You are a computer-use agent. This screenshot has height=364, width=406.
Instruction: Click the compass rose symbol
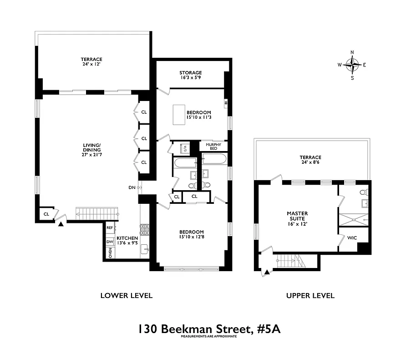click(x=352, y=65)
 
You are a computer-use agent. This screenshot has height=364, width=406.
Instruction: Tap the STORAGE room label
click(x=190, y=73)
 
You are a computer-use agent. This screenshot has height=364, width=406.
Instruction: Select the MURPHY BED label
click(x=213, y=147)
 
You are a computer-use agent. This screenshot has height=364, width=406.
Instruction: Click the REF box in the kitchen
click(x=110, y=227)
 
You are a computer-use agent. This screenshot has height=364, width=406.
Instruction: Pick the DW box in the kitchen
click(x=110, y=242)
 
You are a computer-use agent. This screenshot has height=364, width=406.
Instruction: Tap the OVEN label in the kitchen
click(x=110, y=253)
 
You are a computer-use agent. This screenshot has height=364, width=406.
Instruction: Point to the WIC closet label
click(x=352, y=238)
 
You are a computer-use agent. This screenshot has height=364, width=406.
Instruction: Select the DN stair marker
click(x=132, y=187)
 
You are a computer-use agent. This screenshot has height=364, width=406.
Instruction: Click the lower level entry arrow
click(x=61, y=223)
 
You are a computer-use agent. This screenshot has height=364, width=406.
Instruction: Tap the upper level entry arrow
click(x=266, y=273)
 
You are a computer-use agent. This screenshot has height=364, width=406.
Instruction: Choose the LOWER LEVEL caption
click(x=126, y=296)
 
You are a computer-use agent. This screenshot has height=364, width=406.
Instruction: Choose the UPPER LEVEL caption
click(x=310, y=296)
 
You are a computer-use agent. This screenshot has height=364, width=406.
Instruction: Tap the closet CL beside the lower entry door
click(x=46, y=214)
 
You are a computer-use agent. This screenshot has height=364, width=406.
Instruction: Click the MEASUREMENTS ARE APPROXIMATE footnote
click(x=209, y=337)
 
